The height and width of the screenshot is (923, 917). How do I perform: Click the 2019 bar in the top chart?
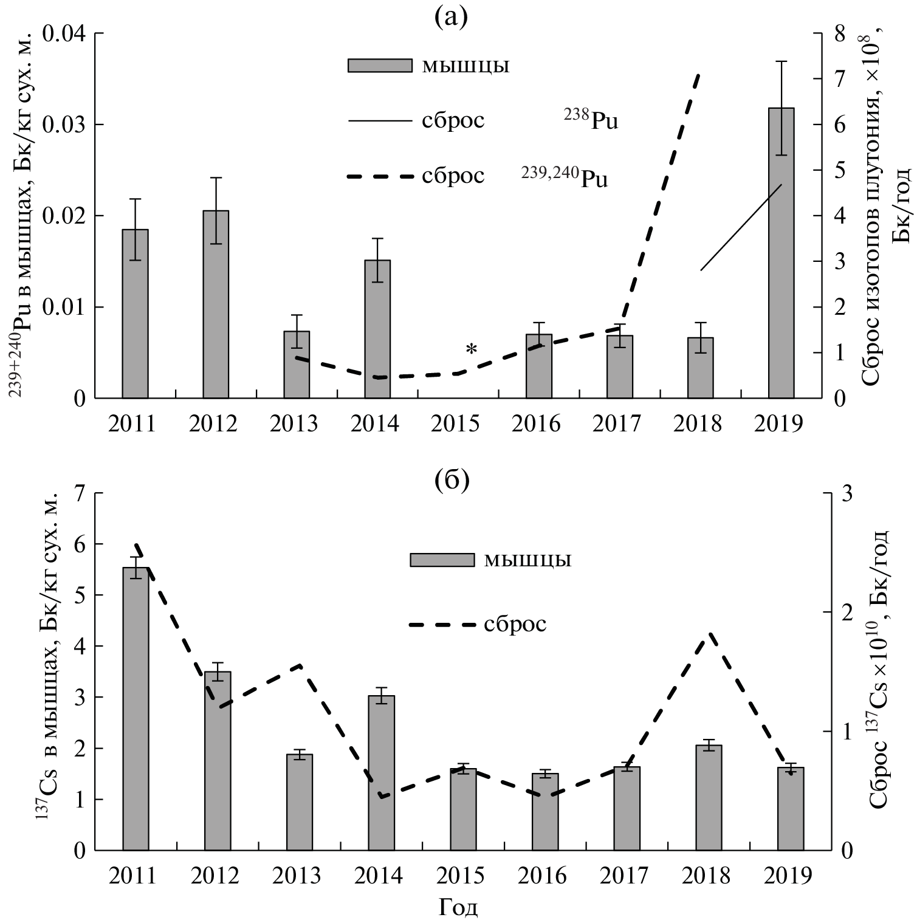coord(781,255)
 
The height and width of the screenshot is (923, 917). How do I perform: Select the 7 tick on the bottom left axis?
coord(80,493)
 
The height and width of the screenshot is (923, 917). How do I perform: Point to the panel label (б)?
coord(452,480)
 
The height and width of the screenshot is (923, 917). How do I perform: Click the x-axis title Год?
coord(458,908)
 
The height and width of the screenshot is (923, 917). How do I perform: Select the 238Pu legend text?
coord(591,120)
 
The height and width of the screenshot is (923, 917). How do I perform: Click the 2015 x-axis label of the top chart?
coord(455,424)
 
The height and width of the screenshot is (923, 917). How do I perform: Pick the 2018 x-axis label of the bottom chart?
coord(706,876)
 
